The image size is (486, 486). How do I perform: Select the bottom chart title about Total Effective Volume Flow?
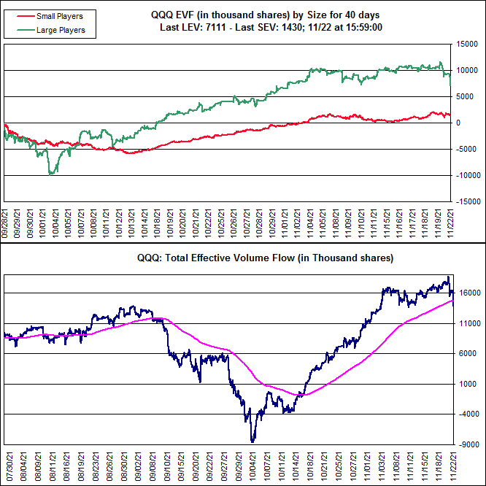pyautogui.click(x=265, y=258)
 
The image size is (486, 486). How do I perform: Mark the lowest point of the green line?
pyautogui.click(x=50, y=174)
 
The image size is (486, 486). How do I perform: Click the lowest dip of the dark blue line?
pyautogui.click(x=252, y=441)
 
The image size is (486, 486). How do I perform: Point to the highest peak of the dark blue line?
pyautogui.click(x=448, y=277)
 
